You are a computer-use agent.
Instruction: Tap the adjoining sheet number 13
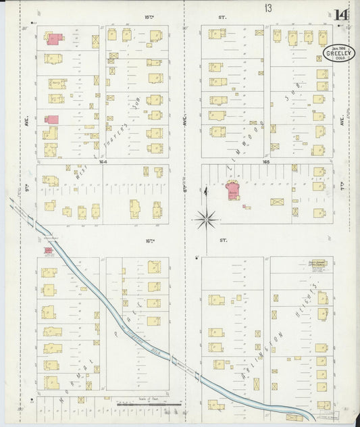[269, 8]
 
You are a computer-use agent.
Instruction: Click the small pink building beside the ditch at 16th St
[49, 251]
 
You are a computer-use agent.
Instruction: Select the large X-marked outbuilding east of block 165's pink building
[277, 201]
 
